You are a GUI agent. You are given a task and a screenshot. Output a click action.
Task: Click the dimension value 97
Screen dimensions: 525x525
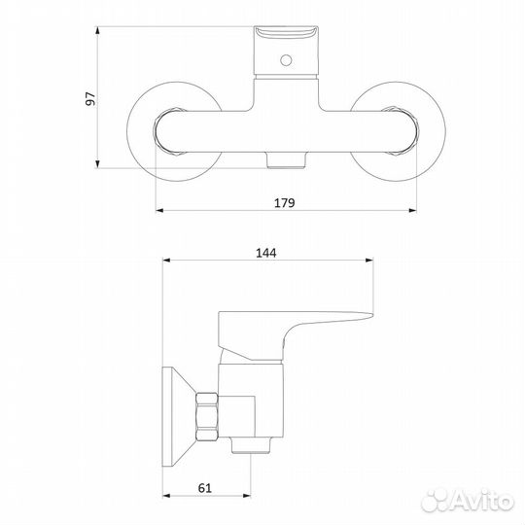tap(90, 98)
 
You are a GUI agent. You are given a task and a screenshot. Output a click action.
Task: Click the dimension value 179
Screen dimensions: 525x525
tap(285, 203)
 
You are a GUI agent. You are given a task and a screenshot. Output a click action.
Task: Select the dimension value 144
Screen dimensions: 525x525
tap(266, 253)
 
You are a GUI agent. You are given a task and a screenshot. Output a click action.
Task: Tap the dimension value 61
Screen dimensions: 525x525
tap(205, 488)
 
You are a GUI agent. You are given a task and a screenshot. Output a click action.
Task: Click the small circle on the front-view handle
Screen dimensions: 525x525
tap(286, 60)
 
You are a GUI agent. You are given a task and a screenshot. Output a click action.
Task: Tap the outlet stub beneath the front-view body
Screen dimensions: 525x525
tap(287, 160)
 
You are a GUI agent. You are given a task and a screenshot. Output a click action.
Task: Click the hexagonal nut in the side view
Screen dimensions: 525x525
tap(207, 416)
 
